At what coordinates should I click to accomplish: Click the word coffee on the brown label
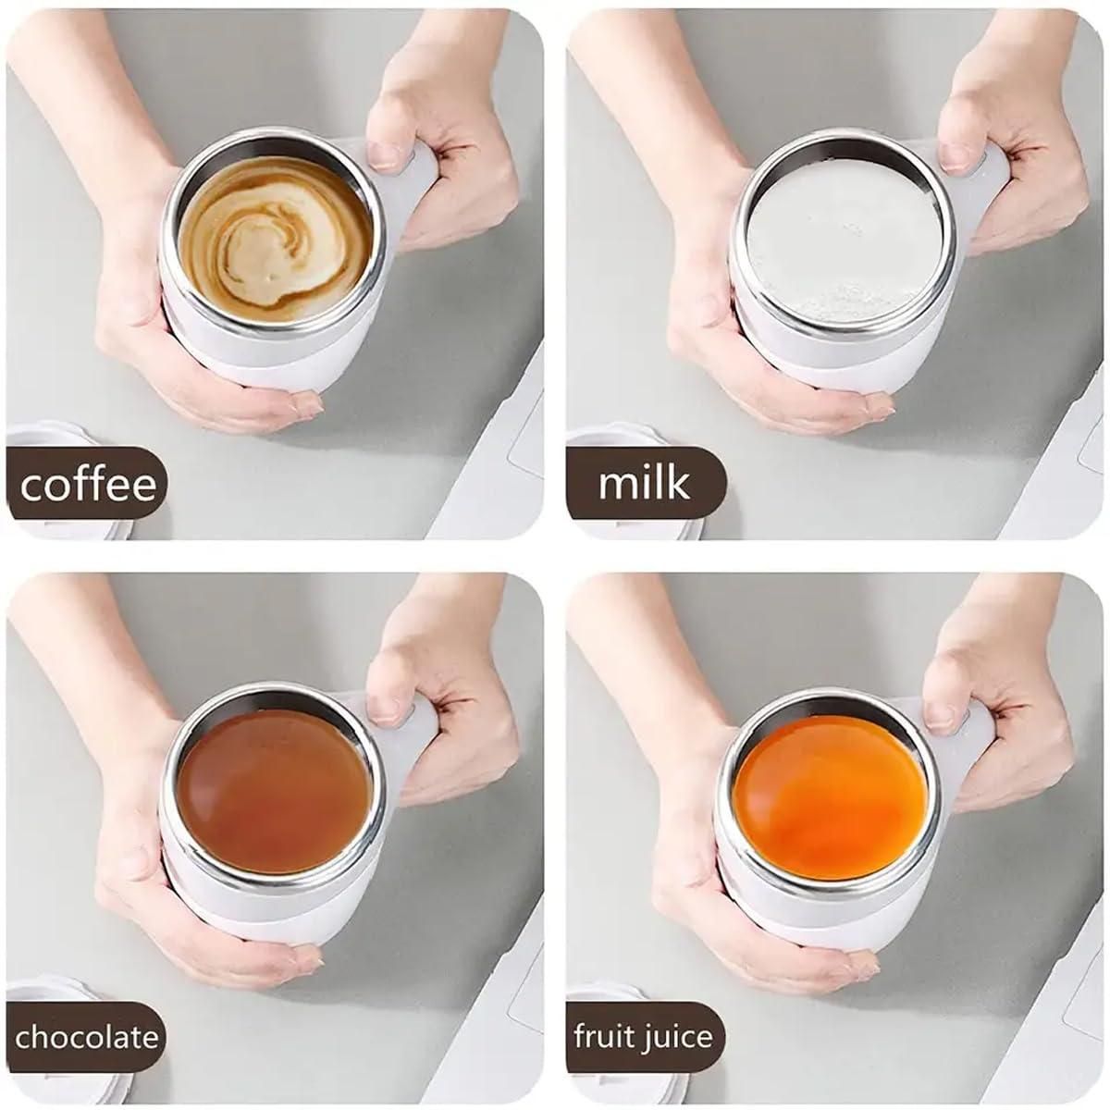tap(88, 485)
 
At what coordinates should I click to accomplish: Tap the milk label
tap(644, 483)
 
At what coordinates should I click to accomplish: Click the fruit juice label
tap(644, 1037)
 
